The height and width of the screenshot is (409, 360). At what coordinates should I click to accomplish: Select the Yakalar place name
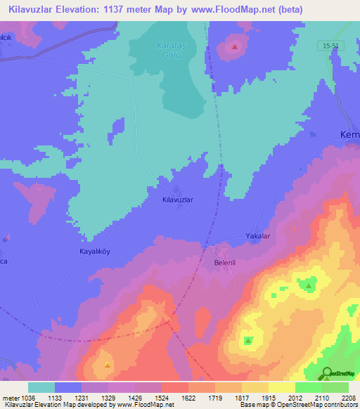257,236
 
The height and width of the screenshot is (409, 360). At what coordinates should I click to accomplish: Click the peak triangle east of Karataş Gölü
235,47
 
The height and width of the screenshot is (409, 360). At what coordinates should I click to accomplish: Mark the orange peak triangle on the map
107,365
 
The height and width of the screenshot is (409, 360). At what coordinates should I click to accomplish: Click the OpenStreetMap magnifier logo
327,373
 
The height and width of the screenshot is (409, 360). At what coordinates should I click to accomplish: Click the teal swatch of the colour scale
41,387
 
